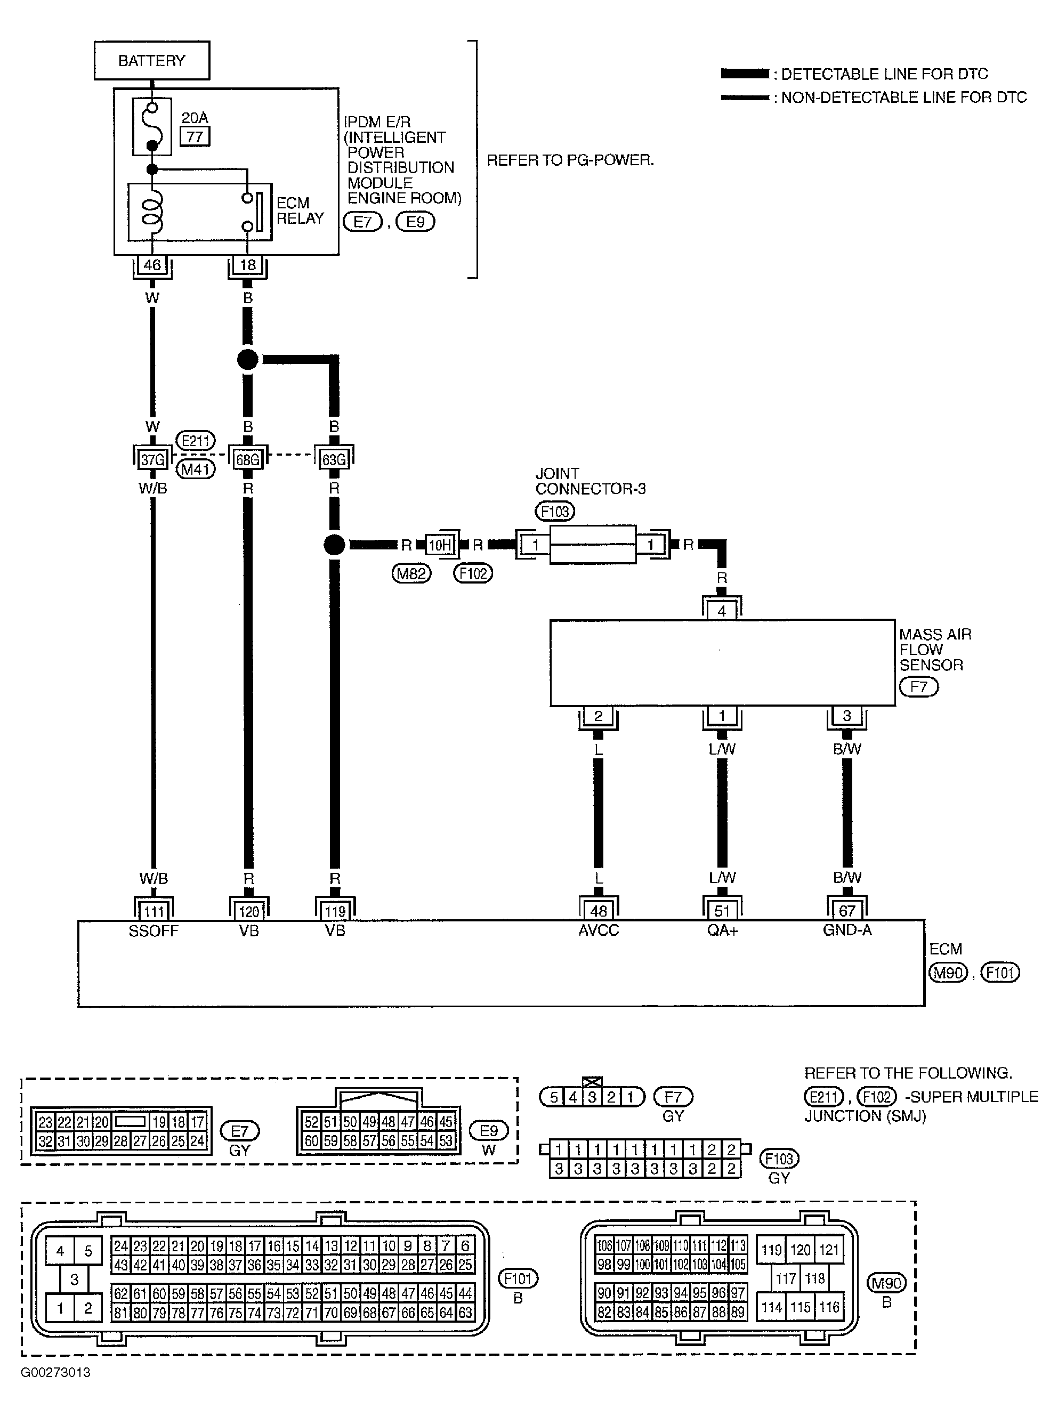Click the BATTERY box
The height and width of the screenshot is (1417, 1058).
[152, 61]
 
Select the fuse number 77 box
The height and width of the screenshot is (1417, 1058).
[195, 136]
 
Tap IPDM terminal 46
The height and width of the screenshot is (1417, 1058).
[152, 264]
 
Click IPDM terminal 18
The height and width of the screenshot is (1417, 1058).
[248, 264]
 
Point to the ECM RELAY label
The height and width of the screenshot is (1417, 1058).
[300, 210]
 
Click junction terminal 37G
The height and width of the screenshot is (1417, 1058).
[153, 459]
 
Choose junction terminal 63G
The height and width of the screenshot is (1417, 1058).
[334, 459]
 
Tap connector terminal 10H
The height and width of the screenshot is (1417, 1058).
[439, 545]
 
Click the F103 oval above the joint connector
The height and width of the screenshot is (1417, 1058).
[555, 511]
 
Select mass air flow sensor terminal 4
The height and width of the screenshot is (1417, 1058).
[722, 611]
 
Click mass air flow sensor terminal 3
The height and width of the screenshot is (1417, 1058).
[846, 715]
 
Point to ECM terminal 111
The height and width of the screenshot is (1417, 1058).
[154, 911]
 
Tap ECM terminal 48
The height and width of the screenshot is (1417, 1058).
[599, 911]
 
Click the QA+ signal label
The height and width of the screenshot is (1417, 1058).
[722, 930]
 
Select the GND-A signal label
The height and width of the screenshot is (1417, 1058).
[847, 930]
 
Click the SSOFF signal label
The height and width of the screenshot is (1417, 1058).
[153, 931]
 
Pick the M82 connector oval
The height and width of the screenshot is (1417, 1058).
[411, 574]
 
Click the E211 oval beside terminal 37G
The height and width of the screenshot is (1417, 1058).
[195, 441]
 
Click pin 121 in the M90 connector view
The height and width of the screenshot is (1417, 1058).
[829, 1250]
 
